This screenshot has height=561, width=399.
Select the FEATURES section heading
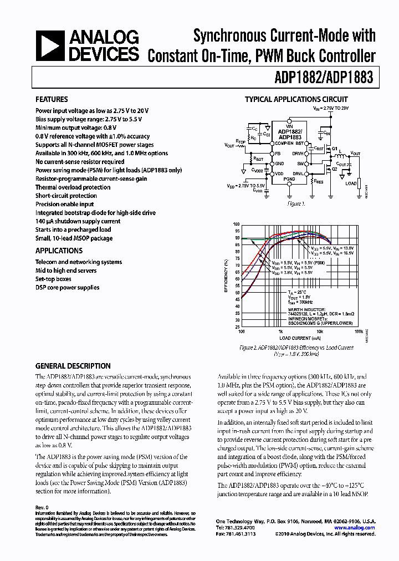(x=52, y=100)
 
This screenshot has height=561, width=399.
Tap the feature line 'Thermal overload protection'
(x=74, y=187)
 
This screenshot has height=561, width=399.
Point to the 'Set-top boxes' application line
(x=53, y=279)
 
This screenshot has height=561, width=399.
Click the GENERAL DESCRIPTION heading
(x=73, y=366)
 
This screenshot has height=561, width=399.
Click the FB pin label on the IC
(x=278, y=153)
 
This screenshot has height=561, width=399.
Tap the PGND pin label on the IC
(x=289, y=179)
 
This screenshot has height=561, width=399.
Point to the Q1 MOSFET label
(x=335, y=149)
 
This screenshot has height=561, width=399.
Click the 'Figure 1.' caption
(x=296, y=204)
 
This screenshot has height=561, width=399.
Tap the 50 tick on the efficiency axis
(x=238, y=292)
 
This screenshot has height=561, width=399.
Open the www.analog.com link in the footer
(x=359, y=528)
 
